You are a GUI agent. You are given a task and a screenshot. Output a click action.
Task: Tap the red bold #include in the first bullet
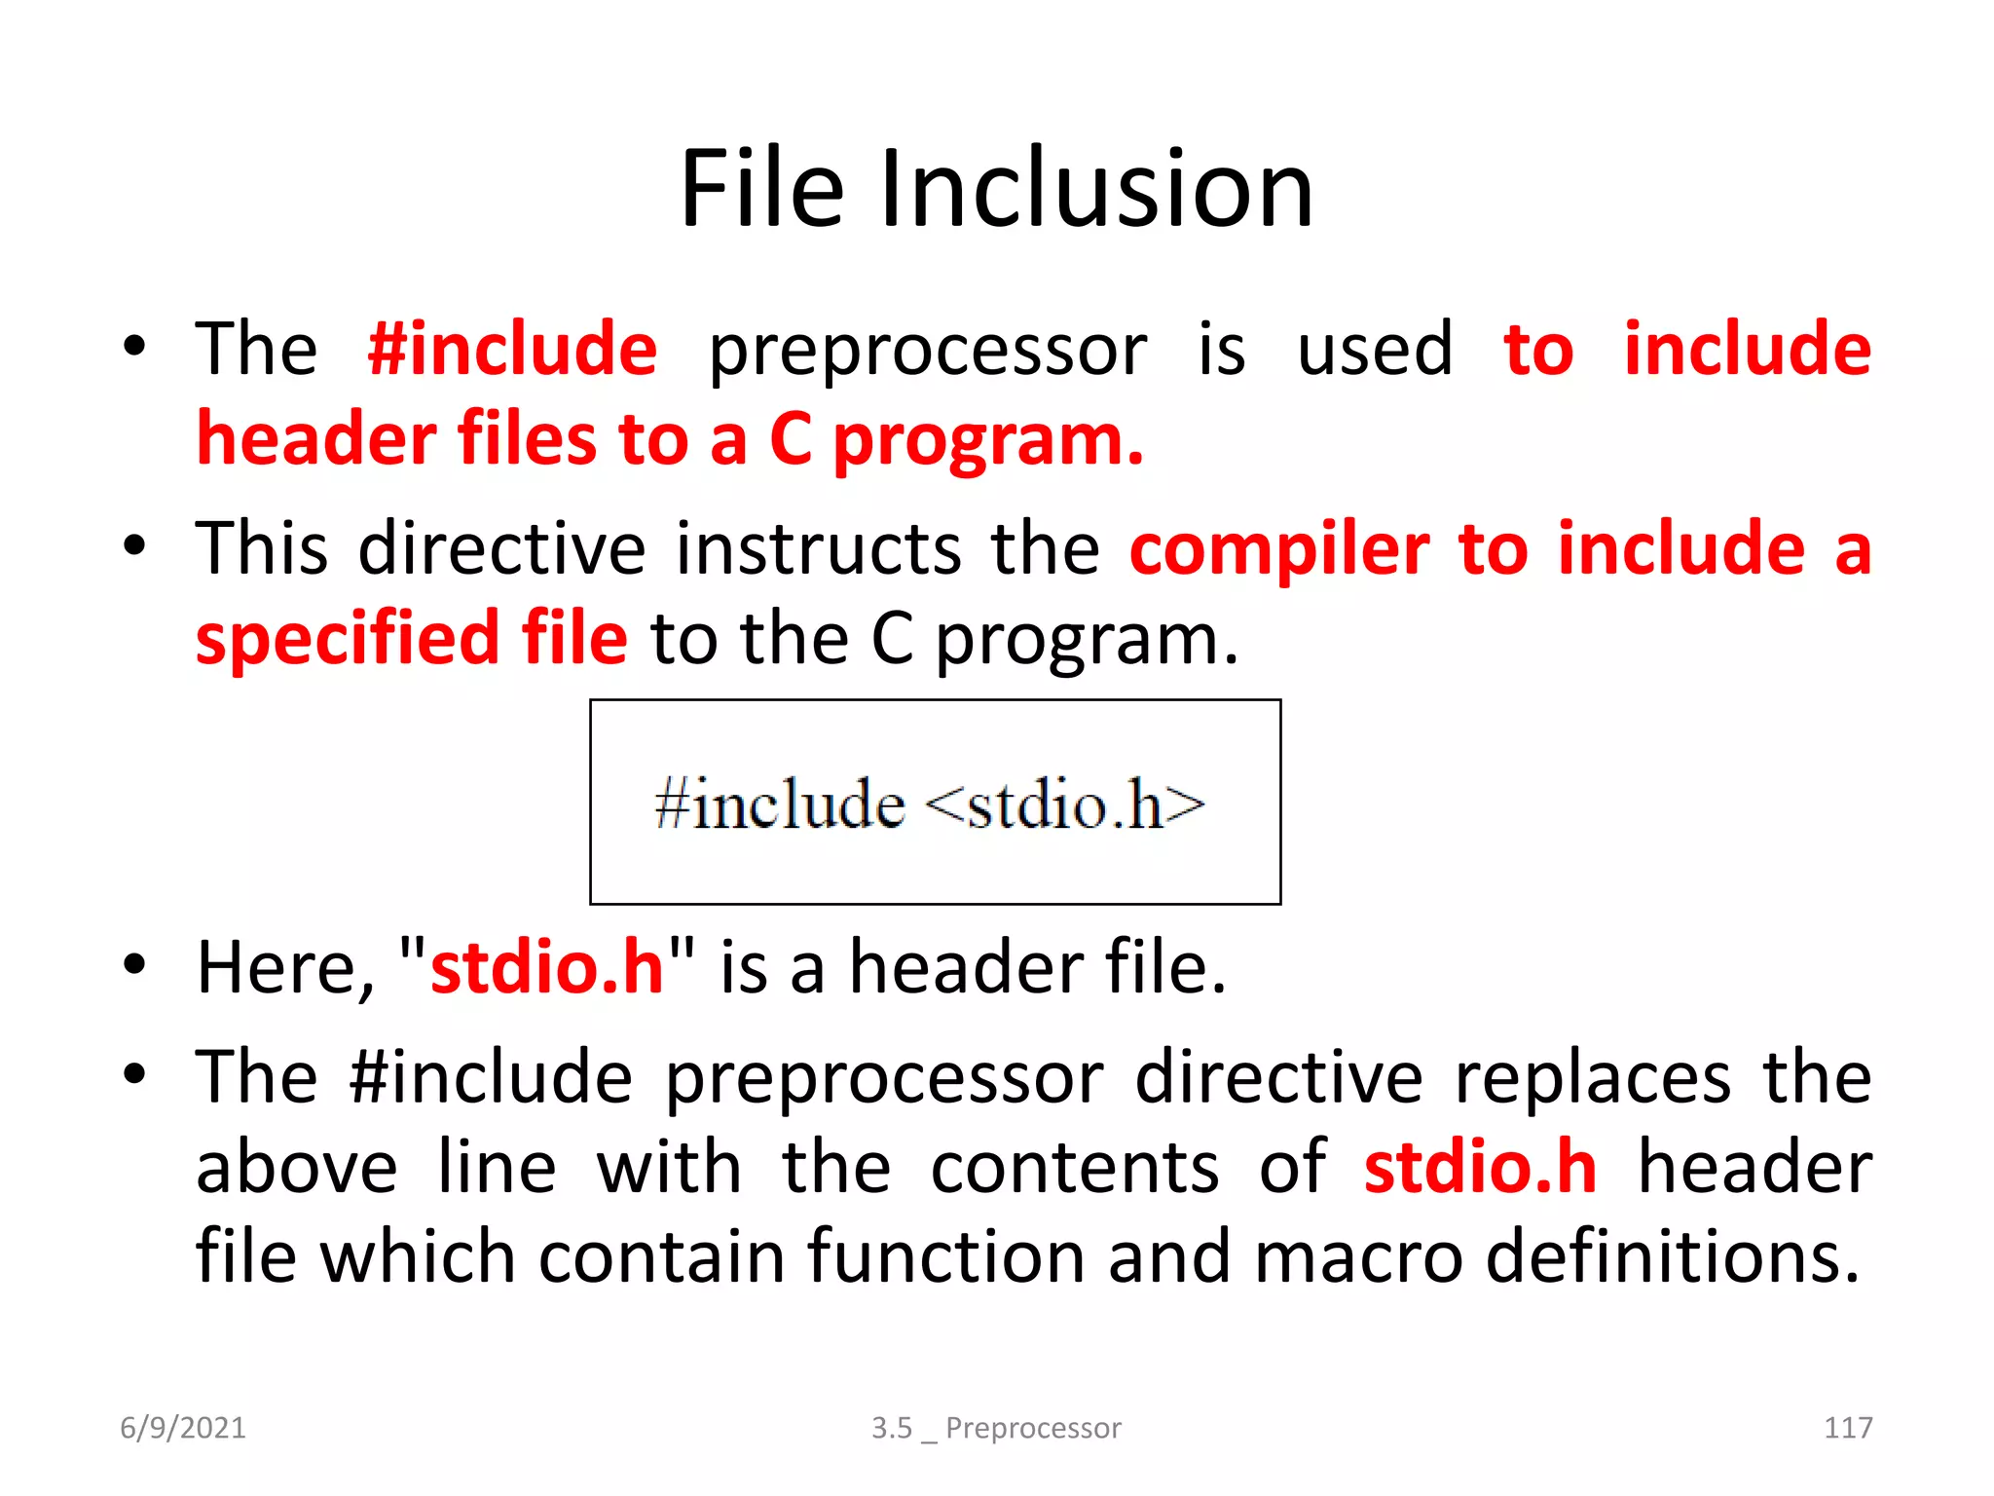512,349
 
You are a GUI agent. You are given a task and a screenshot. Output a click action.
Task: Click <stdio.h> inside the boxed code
1064,805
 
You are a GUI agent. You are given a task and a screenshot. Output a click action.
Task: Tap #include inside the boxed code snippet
780,805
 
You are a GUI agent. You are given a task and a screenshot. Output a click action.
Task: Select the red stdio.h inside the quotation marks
546,968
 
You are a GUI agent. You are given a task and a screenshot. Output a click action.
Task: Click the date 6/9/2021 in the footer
183,1428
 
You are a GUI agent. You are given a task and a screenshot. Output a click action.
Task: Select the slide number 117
1847,1428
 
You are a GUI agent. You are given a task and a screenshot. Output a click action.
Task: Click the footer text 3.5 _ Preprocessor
996,1428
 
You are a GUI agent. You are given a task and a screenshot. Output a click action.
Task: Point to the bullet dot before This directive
134,545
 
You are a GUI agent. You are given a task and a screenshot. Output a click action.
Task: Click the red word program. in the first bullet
987,440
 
